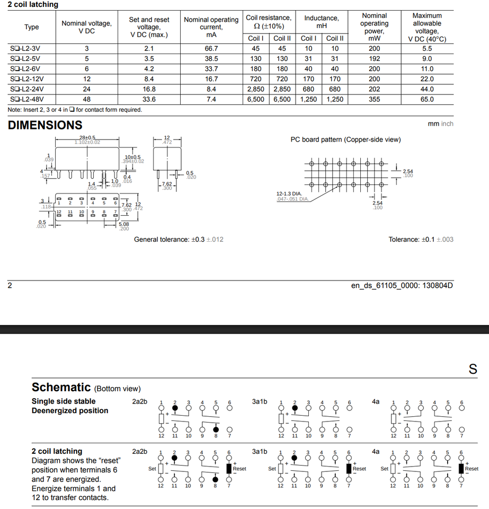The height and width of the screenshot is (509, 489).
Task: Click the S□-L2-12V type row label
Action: pos(26,79)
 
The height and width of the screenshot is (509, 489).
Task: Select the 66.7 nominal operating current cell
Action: pos(211,49)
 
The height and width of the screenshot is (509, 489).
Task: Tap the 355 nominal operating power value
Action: pos(374,99)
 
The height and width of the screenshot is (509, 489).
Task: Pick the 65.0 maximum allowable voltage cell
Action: pos(427,99)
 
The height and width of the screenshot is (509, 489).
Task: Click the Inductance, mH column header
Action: pos(322,22)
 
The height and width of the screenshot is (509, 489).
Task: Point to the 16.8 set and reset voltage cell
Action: pos(149,89)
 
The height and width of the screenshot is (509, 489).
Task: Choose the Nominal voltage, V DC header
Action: pos(87,27)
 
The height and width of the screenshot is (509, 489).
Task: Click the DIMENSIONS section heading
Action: pos(45,125)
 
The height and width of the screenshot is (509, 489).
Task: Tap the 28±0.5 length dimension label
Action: pos(87,138)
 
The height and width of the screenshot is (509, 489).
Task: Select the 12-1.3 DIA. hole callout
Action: pos(289,194)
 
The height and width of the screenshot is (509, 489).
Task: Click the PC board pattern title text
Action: pos(345,139)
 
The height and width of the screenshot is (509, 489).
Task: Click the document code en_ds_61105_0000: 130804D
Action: pos(402,286)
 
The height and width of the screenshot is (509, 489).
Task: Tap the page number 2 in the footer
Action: pos(10,286)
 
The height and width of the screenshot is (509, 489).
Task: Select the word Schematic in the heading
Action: pos(61,387)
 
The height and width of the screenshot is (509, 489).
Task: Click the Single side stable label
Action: pos(64,401)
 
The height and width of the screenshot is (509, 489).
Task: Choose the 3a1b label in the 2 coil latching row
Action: pos(260,451)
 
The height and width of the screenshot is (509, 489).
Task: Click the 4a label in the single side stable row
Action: pos(376,401)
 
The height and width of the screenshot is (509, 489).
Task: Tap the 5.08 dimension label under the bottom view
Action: pos(123,225)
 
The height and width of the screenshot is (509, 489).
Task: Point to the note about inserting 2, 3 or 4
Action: pos(75,110)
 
